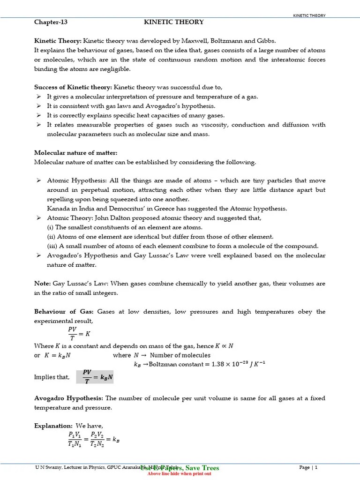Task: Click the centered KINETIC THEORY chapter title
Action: tap(173, 22)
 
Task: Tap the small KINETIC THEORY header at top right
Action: tap(309, 15)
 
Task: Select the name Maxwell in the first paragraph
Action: tap(198, 41)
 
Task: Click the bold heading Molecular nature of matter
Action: tap(75, 153)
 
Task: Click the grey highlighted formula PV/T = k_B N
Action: tap(95, 377)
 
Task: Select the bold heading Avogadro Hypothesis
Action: tap(68, 398)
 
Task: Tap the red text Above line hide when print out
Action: tap(180, 474)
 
